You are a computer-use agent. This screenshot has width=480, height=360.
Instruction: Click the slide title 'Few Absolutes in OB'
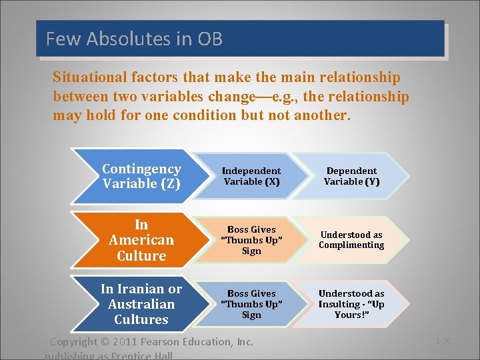pyautogui.click(x=134, y=39)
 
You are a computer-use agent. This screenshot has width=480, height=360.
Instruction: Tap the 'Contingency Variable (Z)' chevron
pyautogui.click(x=141, y=176)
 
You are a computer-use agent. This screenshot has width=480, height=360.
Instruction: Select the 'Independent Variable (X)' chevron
pyautogui.click(x=251, y=176)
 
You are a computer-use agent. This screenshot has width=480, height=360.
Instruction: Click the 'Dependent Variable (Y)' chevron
pyautogui.click(x=351, y=176)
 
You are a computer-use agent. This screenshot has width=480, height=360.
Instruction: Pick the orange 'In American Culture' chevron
pyautogui.click(x=141, y=240)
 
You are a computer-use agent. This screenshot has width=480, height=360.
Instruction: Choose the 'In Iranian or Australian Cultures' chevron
pyautogui.click(x=141, y=304)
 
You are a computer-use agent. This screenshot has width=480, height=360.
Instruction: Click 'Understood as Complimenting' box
pyautogui.click(x=351, y=240)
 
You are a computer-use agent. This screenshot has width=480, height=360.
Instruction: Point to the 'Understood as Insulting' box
pyautogui.click(x=351, y=304)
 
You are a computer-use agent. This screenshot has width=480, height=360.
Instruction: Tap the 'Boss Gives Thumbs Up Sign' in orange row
pyautogui.click(x=251, y=240)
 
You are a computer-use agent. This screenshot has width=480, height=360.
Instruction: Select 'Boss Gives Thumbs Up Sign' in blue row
pyautogui.click(x=251, y=304)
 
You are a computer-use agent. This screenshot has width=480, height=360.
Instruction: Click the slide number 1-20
pyautogui.click(x=443, y=341)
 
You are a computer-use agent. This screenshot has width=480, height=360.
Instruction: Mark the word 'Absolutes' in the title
pyautogui.click(x=117, y=39)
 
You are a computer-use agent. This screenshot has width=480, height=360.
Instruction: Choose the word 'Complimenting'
pyautogui.click(x=351, y=245)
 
